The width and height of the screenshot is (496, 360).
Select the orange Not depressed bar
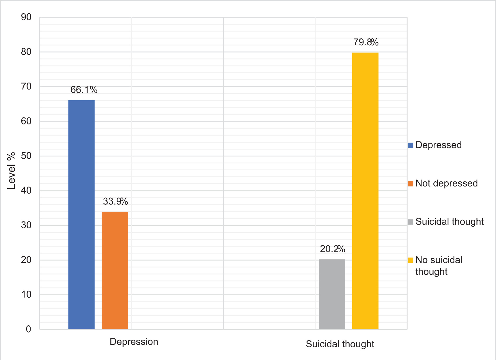point(115,271)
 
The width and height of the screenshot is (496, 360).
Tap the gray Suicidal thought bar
point(332,294)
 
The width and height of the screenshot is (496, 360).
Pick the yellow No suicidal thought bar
point(365,191)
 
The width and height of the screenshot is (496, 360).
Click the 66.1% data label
point(84,90)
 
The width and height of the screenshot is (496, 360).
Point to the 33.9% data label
point(115,201)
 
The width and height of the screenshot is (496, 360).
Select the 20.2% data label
point(333,249)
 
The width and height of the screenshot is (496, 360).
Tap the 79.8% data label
point(366,42)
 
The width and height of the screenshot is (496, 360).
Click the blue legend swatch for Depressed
point(411,145)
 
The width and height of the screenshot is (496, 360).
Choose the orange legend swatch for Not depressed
point(411,183)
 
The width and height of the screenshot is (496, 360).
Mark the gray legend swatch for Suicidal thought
point(411,222)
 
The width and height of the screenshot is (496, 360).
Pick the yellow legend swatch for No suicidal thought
point(411,260)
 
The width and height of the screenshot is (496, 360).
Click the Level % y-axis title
point(11,171)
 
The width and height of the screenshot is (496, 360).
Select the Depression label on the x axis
point(134,342)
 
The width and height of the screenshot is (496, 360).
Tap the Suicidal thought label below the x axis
point(340,344)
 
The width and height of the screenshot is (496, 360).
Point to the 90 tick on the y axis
point(26,17)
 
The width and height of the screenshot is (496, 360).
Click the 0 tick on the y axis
point(28,329)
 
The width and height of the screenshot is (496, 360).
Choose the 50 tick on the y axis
point(26,156)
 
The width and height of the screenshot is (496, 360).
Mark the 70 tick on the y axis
point(26,87)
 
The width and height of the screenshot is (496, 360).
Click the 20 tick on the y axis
point(26,260)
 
